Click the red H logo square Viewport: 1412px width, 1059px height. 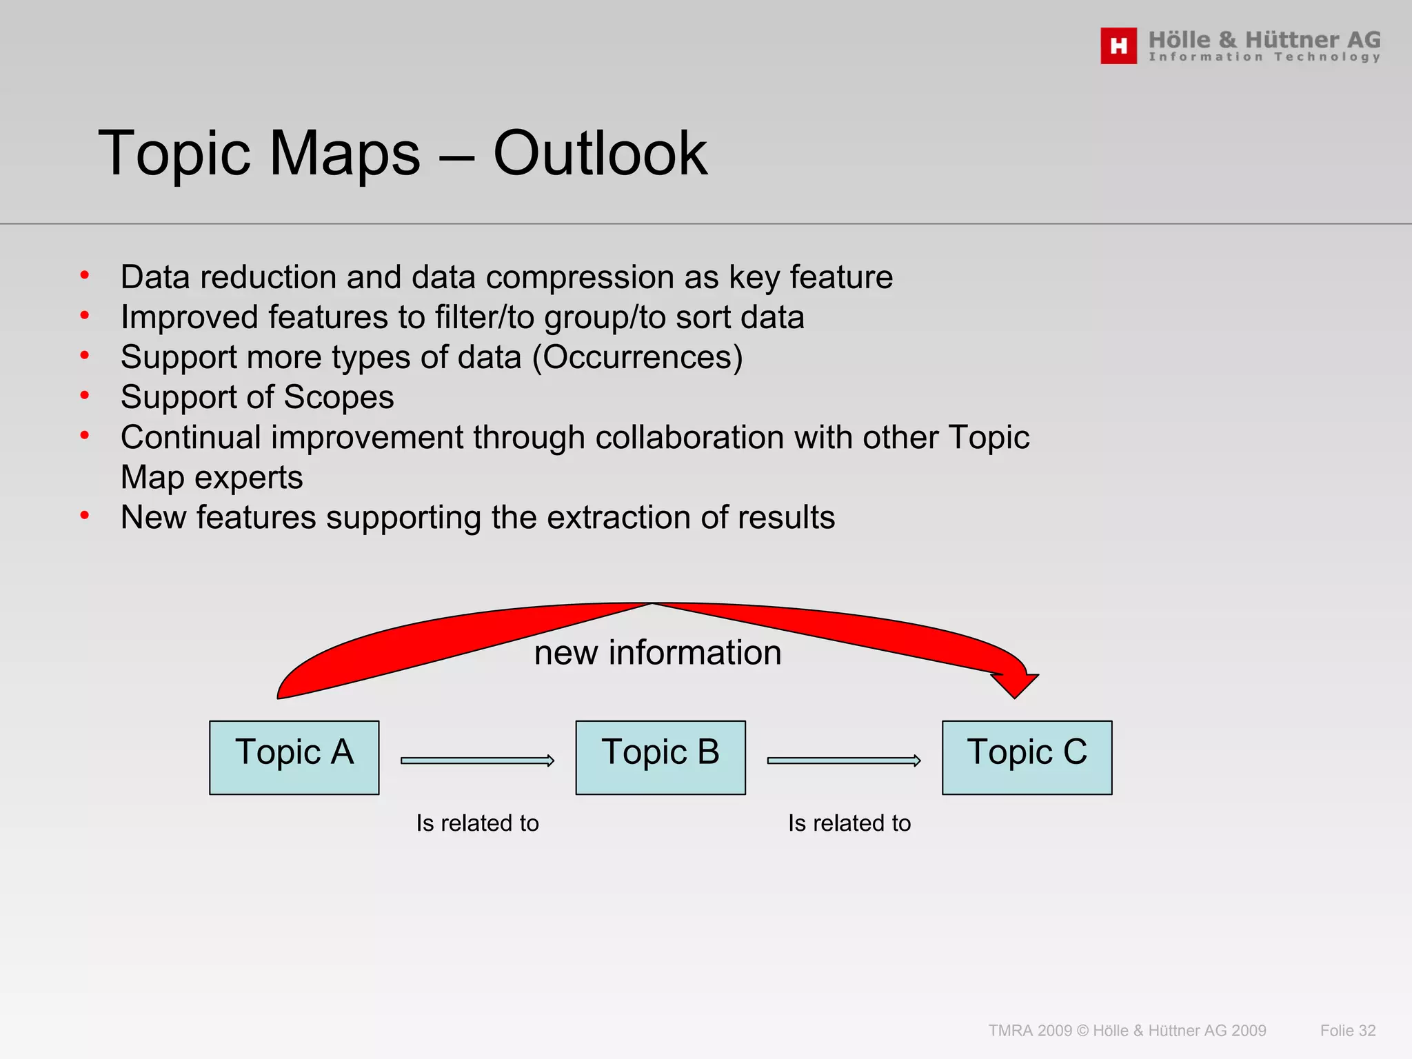click(x=1118, y=46)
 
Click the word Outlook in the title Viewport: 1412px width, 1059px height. click(x=600, y=153)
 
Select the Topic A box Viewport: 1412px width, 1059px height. click(x=294, y=757)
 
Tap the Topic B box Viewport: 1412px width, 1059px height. click(x=660, y=757)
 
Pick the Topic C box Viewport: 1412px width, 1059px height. click(x=1027, y=757)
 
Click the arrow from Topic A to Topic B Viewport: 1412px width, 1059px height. click(x=477, y=760)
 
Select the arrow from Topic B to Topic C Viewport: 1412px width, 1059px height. click(x=844, y=760)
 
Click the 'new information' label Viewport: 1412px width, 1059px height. click(x=658, y=652)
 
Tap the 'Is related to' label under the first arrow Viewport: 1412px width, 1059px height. click(x=477, y=823)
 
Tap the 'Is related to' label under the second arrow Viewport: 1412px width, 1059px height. click(x=849, y=823)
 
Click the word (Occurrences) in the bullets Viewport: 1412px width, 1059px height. click(x=638, y=357)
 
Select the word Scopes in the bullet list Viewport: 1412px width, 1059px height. click(x=339, y=397)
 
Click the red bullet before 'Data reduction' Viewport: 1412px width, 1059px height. click(x=85, y=276)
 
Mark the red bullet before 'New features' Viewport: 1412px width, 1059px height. click(x=85, y=515)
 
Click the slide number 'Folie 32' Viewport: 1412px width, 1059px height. click(x=1347, y=1031)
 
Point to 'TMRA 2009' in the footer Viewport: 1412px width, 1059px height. click(x=1030, y=1031)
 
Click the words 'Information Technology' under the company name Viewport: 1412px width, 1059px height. click(x=1264, y=57)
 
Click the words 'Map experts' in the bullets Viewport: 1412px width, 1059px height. click(x=212, y=477)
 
